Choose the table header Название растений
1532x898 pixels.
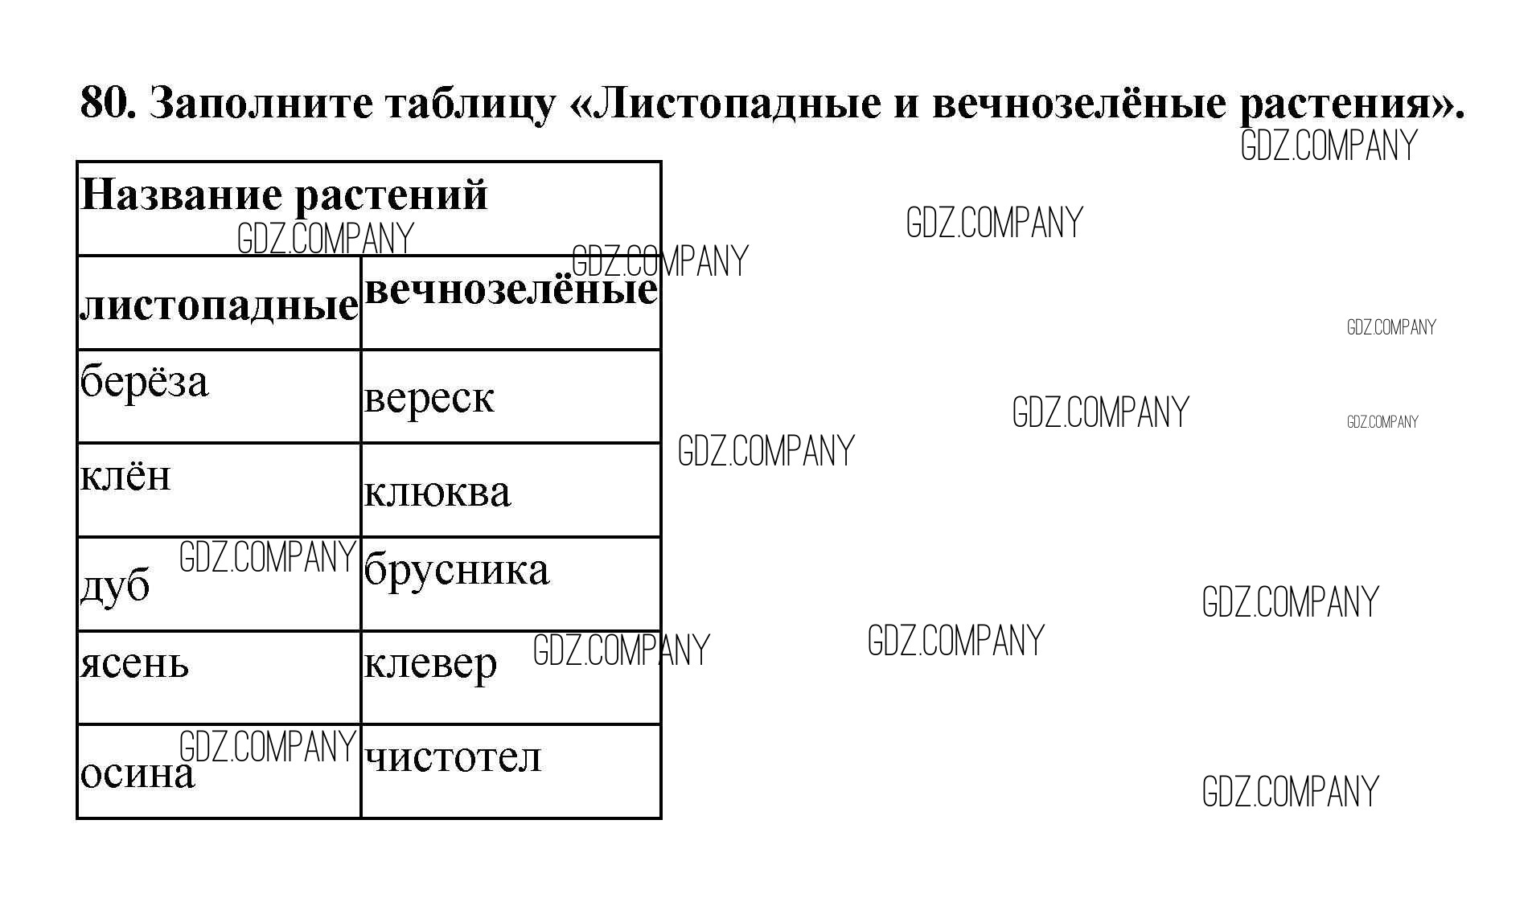point(284,195)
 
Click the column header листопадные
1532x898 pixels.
point(219,305)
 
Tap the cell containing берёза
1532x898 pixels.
point(144,382)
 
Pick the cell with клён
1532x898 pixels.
point(125,476)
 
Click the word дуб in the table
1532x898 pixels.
point(115,586)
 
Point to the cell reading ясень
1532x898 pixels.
point(134,665)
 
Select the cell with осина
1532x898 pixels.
point(138,774)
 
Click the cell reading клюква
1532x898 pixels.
point(437,492)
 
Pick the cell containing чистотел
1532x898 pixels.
point(453,757)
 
